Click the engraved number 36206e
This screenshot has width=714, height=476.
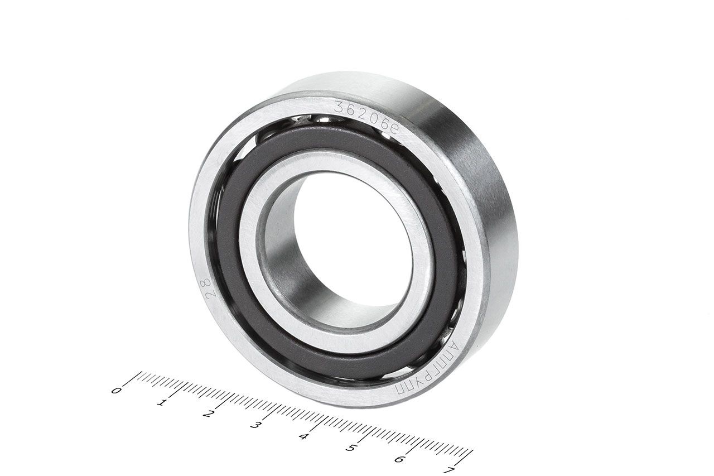tap(366, 117)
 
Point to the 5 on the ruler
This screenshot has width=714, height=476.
tap(350, 448)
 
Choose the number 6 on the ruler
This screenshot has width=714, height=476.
tap(399, 459)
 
